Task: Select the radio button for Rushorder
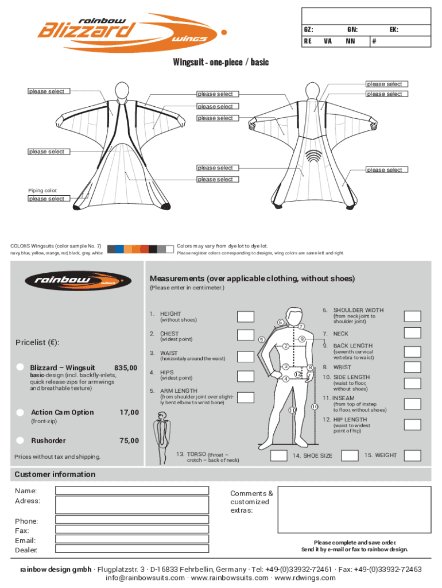[20, 440]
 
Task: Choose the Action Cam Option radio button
[20, 412]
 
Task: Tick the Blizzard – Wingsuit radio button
[20, 367]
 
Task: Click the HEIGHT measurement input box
[246, 316]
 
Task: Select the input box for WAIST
[246, 356]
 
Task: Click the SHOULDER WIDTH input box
[412, 316]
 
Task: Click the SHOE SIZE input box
[279, 455]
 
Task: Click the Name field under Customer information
[132, 490]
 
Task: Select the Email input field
[132, 539]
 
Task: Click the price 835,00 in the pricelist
[126, 367]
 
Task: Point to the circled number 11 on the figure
[292, 410]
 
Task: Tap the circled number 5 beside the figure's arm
[261, 339]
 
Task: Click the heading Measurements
[252, 278]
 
